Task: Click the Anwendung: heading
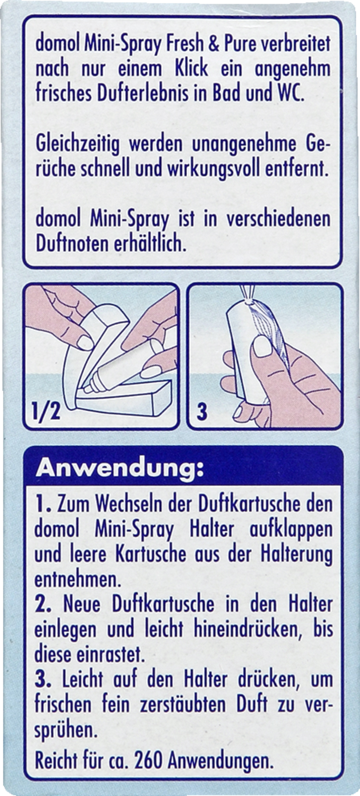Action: [x=119, y=468]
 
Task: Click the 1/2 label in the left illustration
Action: [x=47, y=413]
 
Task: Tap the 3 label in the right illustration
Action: [x=202, y=413]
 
